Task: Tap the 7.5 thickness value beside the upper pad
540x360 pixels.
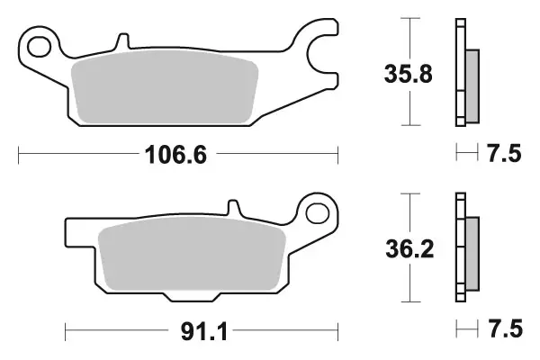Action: pyautogui.click(x=503, y=154)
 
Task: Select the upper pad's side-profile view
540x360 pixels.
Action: pyautogui.click(x=465, y=72)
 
